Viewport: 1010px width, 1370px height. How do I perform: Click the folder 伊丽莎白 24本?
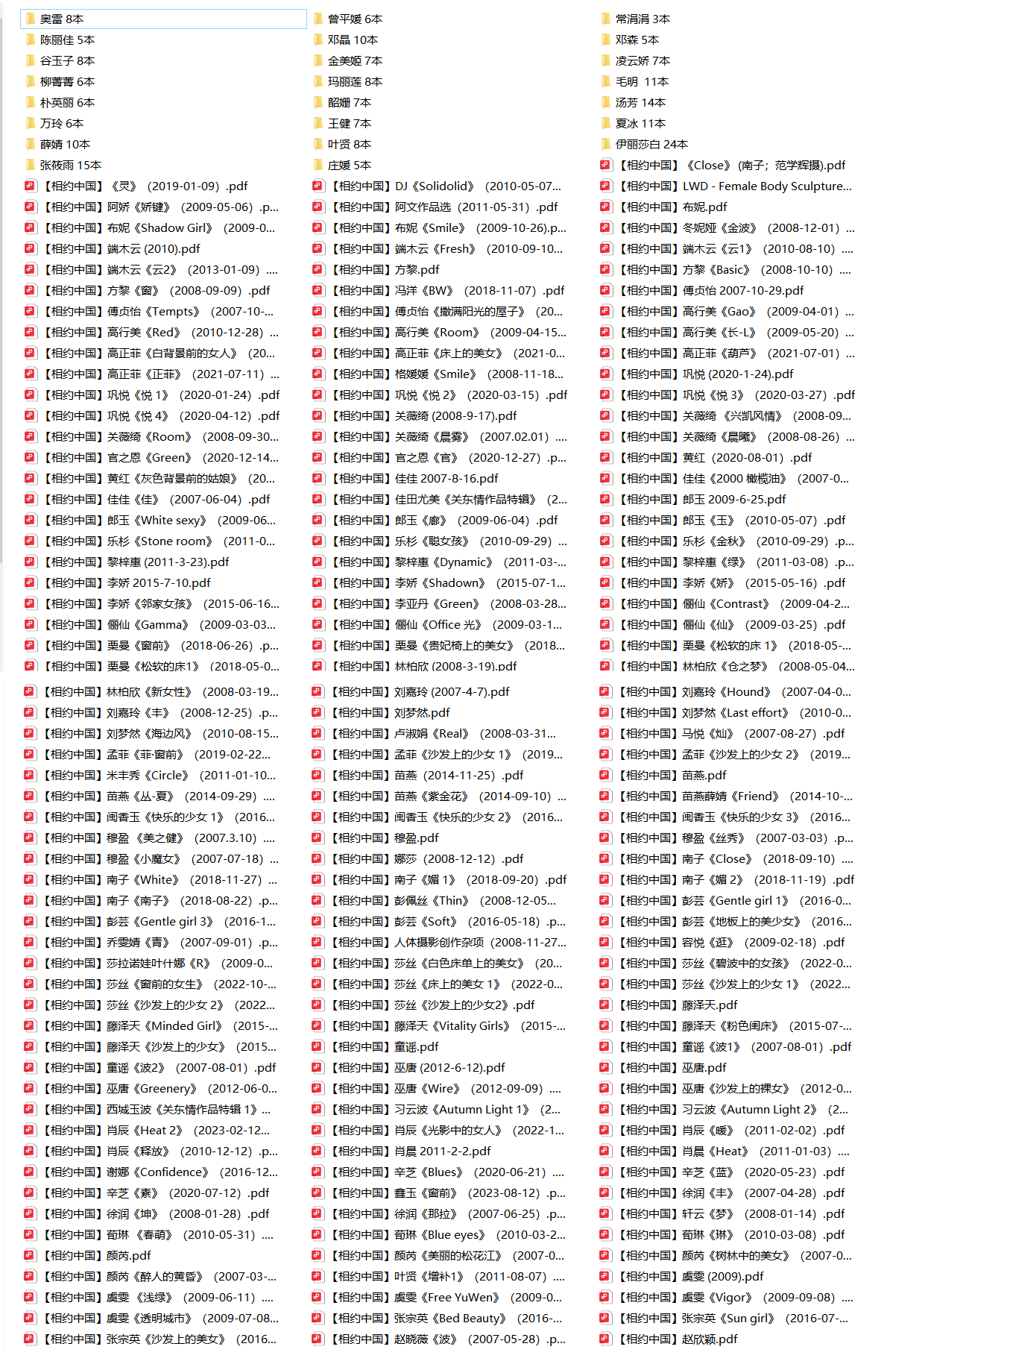pos(651,144)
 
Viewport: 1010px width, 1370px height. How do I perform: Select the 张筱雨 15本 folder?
pos(70,165)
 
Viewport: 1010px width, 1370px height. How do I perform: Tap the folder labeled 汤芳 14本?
pos(640,102)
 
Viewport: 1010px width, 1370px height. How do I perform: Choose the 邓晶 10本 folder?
pos(352,40)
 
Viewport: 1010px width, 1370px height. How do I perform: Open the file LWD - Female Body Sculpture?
pos(734,186)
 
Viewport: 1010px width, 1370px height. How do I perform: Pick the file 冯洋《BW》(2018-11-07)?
pos(446,290)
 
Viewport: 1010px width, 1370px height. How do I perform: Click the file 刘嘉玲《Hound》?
pos(733,691)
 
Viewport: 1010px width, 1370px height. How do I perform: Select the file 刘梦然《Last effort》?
pos(733,712)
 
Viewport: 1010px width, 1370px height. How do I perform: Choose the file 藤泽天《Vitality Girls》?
pos(446,1025)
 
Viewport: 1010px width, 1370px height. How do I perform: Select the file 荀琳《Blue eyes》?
pos(446,1234)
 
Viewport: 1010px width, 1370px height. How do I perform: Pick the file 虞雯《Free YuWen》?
pos(446,1297)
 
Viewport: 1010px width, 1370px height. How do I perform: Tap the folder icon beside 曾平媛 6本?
pos(318,19)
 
